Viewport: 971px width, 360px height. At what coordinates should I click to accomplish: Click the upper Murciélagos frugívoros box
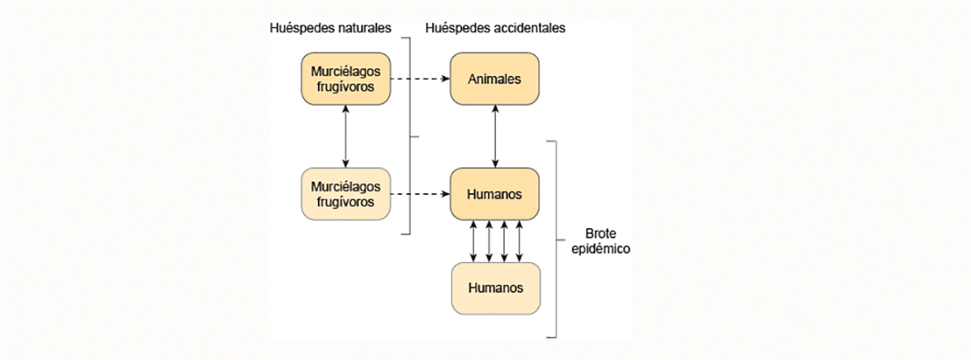(x=346, y=78)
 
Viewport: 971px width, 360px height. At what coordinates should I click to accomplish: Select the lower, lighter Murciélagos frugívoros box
(x=346, y=194)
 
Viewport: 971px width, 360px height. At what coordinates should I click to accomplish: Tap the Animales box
(x=494, y=78)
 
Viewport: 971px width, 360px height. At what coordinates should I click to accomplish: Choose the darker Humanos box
(x=494, y=194)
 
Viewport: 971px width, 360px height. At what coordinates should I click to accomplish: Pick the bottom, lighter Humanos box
(x=494, y=288)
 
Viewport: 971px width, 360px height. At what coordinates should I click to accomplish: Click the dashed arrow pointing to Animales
(x=421, y=78)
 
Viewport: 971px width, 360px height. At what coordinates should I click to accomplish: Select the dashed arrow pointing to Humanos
(x=421, y=194)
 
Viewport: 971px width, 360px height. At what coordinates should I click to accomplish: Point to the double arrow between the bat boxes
(x=346, y=137)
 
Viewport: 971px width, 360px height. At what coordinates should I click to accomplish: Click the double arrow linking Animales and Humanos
(x=494, y=137)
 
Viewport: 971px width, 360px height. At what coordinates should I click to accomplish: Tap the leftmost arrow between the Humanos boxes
(x=473, y=241)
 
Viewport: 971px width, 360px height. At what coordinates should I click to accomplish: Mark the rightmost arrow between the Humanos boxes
(x=519, y=241)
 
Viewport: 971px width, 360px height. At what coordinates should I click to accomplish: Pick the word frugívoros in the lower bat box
(x=346, y=201)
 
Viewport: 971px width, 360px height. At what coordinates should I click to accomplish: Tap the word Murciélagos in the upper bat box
(x=346, y=71)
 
